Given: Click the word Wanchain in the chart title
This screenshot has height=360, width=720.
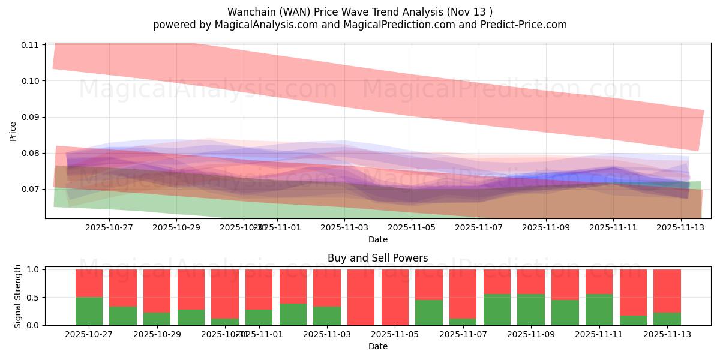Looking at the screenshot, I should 248,12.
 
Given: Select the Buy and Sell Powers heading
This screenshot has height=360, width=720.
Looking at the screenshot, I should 377,258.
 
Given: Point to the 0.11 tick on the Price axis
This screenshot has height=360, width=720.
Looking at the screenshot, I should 30,45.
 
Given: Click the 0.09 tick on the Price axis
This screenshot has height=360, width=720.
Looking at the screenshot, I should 30,117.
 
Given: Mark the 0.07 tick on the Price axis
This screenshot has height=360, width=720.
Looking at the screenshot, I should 30,189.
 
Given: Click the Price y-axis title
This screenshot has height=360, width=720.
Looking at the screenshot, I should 13,130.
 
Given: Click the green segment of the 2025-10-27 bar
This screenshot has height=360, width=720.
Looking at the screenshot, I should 89,311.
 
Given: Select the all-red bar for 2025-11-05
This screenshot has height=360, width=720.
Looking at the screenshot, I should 395,297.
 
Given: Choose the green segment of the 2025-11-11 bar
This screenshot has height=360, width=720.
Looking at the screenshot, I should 599,310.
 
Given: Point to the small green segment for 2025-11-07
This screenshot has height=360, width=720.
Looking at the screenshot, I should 463,322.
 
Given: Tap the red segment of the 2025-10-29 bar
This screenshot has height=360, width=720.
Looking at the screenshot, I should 157,291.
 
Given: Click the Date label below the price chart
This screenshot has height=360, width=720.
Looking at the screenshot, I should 377,239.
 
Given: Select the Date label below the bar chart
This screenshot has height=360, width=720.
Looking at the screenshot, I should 377,346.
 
